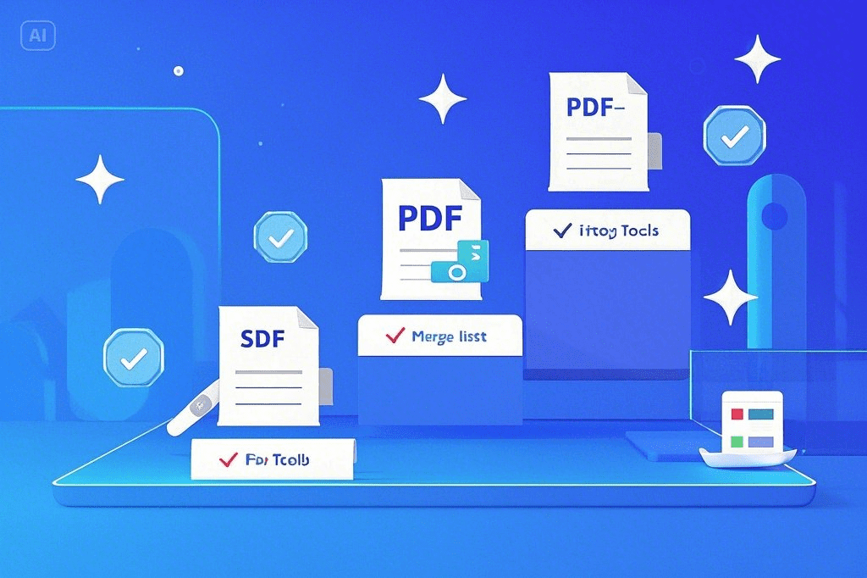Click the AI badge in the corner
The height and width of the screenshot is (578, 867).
(37, 36)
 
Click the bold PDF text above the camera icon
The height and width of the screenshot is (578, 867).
(429, 219)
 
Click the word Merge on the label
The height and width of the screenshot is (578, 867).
(433, 336)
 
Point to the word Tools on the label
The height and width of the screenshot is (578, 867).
(639, 231)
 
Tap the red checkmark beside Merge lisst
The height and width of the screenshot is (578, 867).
(395, 336)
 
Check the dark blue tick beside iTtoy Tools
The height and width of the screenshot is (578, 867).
(561, 230)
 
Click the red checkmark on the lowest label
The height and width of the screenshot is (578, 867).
(228, 460)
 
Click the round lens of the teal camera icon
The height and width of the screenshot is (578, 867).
(457, 272)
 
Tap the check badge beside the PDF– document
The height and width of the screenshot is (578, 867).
(734, 135)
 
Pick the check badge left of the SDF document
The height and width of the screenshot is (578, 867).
(133, 359)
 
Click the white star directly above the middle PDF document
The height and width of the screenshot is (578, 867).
(442, 98)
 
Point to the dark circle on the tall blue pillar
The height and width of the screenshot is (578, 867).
(774, 217)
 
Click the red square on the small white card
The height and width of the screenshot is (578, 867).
(736, 414)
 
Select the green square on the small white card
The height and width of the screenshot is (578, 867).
(736, 442)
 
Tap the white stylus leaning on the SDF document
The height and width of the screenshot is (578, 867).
(193, 413)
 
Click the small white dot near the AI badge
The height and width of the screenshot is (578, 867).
(178, 70)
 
